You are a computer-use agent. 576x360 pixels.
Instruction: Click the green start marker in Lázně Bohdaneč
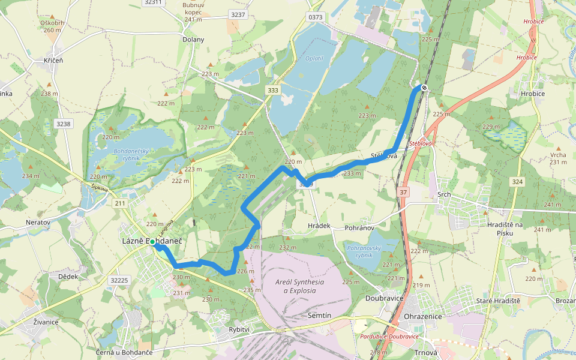coord(153,242)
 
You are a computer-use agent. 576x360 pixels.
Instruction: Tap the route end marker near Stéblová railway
coord(424,88)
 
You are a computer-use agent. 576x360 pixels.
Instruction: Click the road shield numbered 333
coord(273,90)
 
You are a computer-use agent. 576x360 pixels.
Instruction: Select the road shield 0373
coord(316,17)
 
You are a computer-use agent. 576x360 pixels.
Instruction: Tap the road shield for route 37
coord(402,192)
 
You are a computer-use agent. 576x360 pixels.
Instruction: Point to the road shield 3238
coord(62,124)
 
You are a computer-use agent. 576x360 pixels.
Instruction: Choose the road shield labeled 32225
coord(120,280)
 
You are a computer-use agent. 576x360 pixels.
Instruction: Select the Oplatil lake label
coord(314,58)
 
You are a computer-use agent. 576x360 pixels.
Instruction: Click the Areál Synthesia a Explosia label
coord(299,286)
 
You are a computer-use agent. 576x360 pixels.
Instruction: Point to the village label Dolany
coord(193,40)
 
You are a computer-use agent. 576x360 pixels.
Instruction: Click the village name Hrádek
coord(319,226)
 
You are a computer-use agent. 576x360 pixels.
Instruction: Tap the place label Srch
coord(444,195)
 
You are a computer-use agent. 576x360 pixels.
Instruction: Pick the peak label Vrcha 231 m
coord(558,158)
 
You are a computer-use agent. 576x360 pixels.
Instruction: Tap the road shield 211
coord(120,204)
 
